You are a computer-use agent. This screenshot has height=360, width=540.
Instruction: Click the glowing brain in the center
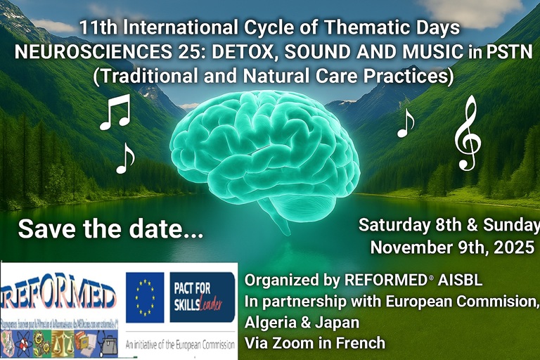coord(264,158)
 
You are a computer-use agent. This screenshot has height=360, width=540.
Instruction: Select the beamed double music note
coord(115,114)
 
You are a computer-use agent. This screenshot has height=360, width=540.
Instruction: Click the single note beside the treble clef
coord(405,124)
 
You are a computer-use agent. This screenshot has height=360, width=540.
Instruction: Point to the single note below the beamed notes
coord(124,159)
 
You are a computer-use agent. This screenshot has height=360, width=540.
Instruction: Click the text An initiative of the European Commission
coord(181,346)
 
